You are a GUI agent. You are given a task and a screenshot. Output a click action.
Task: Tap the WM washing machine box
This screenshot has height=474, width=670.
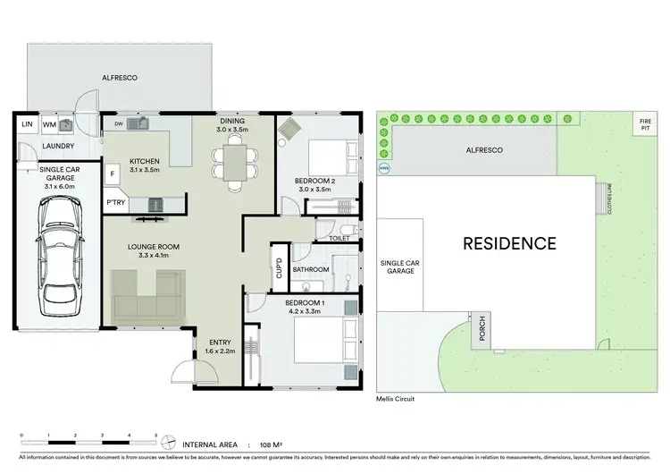(49, 125)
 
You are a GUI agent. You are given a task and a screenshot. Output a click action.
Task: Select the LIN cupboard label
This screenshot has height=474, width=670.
(27, 125)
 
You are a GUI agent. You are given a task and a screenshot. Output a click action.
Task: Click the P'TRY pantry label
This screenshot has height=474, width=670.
(115, 203)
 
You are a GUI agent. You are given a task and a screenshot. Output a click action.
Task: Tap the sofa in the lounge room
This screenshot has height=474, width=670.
(147, 296)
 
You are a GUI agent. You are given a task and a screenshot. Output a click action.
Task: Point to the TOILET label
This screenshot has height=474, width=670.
(339, 239)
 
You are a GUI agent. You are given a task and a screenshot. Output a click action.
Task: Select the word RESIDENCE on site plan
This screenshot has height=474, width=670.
(509, 242)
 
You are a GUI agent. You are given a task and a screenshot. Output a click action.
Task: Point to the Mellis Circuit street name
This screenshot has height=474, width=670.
(395, 399)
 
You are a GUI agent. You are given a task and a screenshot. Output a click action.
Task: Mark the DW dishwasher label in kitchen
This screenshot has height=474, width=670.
(117, 123)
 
